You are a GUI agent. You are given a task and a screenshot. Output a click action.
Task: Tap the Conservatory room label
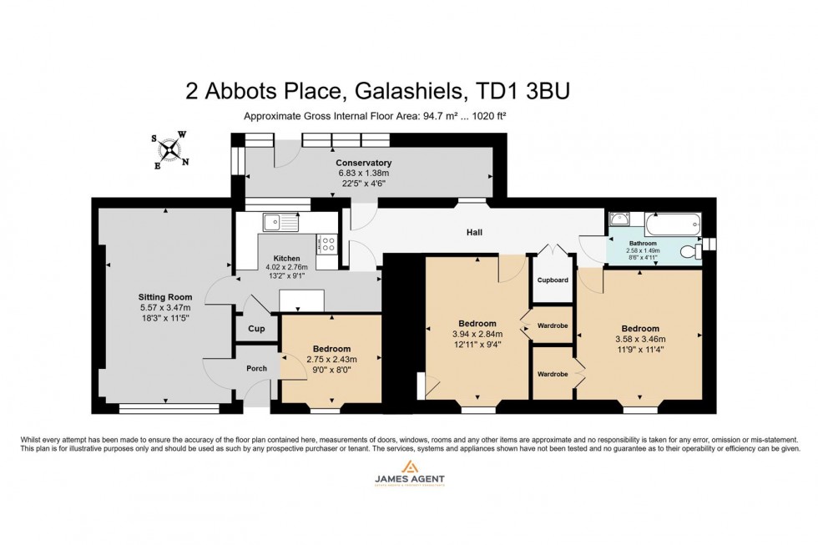(363, 163)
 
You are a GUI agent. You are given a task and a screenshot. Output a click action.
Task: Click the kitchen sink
(280, 222)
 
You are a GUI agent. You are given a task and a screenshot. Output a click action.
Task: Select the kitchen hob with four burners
(326, 244)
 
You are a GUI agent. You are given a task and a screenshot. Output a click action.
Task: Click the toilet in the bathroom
(689, 251)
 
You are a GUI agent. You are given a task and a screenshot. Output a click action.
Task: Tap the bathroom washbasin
(619, 220)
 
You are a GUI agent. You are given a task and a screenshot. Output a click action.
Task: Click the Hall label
(474, 233)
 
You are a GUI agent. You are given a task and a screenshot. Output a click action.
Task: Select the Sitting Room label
(165, 297)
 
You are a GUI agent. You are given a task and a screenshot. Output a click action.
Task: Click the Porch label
(256, 368)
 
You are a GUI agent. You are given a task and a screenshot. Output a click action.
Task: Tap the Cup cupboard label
(256, 329)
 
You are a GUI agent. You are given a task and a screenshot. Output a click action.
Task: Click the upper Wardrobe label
(553, 325)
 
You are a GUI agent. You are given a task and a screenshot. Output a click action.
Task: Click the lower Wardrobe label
(553, 374)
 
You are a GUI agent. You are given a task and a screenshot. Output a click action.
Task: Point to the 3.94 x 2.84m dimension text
(477, 336)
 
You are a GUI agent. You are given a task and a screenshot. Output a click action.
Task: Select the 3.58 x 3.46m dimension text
(640, 340)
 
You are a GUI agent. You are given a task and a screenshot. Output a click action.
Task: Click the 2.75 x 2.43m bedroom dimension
(331, 360)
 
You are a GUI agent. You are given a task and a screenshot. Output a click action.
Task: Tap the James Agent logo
(409, 473)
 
